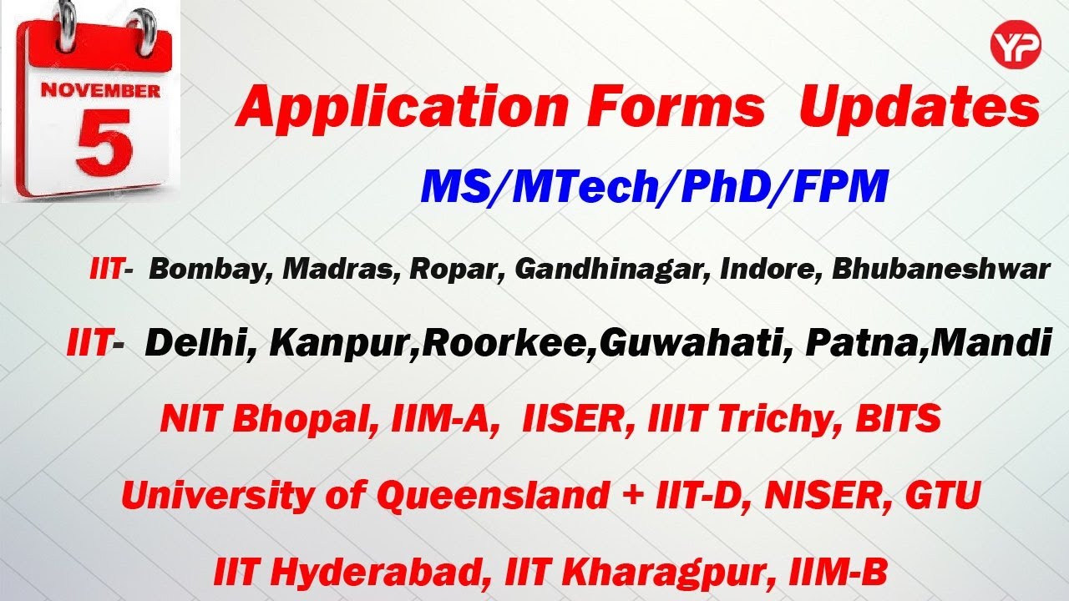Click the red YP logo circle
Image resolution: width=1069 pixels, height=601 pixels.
(x=1016, y=45)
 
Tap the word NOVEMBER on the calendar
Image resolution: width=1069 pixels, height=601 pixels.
(x=100, y=91)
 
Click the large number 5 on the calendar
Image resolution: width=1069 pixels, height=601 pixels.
(x=104, y=143)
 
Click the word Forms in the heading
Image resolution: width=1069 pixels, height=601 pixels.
(x=676, y=106)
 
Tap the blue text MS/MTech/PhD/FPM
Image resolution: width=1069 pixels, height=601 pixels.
(x=654, y=186)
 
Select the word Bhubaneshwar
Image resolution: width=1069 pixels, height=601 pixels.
(x=941, y=269)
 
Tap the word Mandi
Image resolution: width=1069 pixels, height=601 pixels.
(x=990, y=342)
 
